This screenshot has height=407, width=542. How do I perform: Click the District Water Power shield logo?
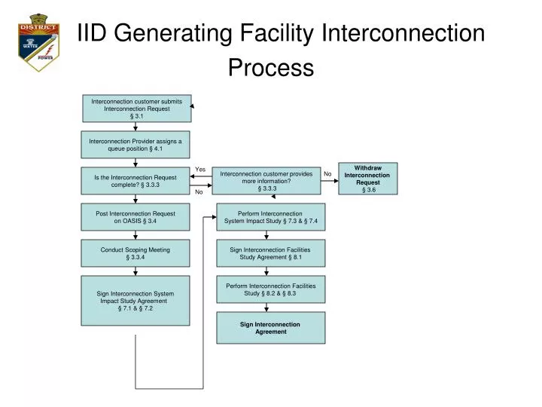point(38,41)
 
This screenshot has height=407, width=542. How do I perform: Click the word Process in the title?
point(271,68)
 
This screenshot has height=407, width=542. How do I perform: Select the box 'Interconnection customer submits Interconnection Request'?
point(136,108)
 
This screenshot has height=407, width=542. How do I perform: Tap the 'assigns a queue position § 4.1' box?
point(135,145)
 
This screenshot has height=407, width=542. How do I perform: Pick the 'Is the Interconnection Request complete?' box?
point(135,181)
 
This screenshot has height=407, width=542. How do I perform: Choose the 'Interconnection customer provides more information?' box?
point(266,181)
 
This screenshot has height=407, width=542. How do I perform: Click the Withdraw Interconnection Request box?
point(368,179)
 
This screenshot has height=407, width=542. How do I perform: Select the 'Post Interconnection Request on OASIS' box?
point(135,217)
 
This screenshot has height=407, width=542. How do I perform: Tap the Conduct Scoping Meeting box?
point(135,254)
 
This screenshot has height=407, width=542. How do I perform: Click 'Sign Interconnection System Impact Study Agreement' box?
point(135,301)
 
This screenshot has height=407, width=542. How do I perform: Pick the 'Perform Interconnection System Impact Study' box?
point(271,217)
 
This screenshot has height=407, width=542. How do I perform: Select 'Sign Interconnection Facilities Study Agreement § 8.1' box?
point(271,253)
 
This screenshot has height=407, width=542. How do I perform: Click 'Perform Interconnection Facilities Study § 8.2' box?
point(271,289)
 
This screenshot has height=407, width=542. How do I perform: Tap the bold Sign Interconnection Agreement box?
point(271,328)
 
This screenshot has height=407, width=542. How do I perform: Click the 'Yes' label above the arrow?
point(200,170)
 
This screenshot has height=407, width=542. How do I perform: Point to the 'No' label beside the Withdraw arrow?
point(327,174)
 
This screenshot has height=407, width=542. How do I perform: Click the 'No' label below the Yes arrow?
point(199,192)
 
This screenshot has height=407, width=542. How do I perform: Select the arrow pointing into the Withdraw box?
point(330,181)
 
